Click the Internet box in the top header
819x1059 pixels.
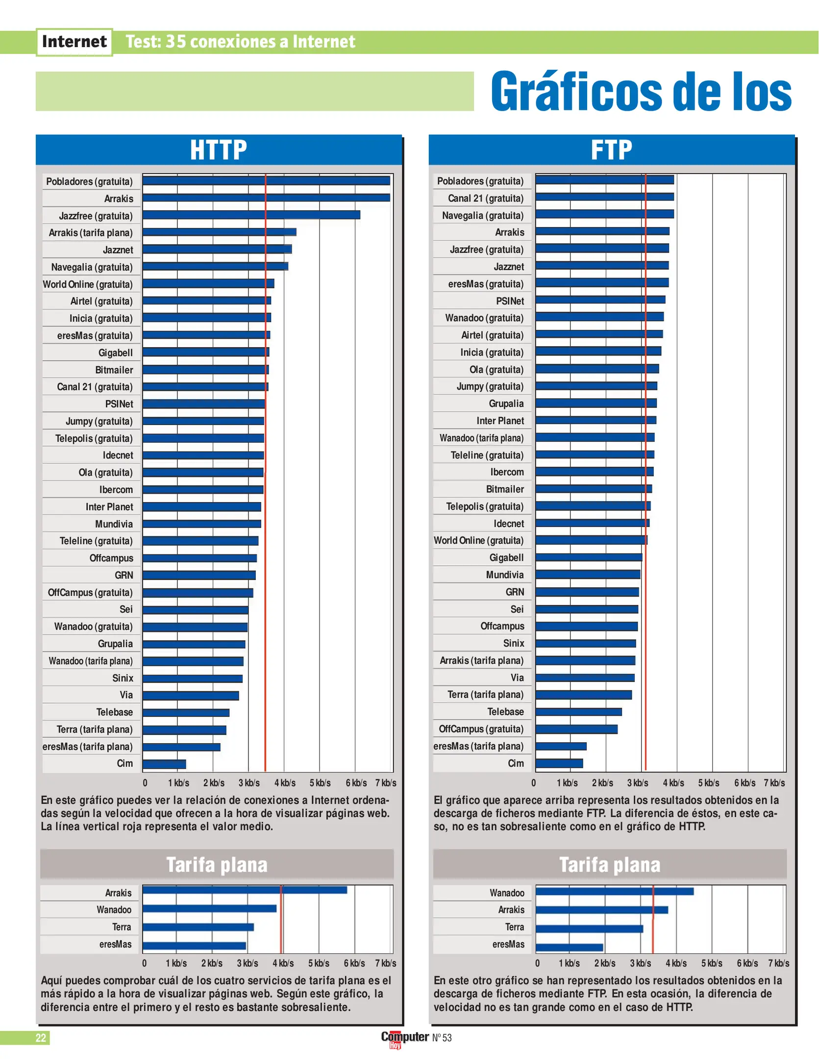(74, 42)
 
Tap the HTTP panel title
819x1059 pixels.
(218, 150)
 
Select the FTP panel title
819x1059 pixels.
(611, 150)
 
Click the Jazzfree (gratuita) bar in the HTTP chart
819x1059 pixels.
(251, 215)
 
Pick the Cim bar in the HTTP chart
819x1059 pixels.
(164, 764)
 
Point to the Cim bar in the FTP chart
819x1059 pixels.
(559, 763)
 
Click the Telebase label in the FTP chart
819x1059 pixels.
(505, 712)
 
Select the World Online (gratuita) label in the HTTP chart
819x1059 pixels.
(88, 284)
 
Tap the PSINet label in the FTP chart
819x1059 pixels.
(510, 301)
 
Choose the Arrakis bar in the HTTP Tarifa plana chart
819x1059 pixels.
(245, 890)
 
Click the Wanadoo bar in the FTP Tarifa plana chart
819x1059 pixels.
(614, 891)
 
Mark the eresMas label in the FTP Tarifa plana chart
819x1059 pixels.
(508, 944)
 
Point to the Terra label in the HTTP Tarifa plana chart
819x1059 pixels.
(122, 927)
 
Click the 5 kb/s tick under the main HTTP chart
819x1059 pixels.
(320, 783)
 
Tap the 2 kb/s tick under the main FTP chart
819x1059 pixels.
(602, 783)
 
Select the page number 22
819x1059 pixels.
(41, 1037)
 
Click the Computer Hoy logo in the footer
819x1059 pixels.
(405, 1038)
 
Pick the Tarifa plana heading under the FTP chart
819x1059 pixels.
(610, 865)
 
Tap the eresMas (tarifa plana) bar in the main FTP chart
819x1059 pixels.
(561, 746)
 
